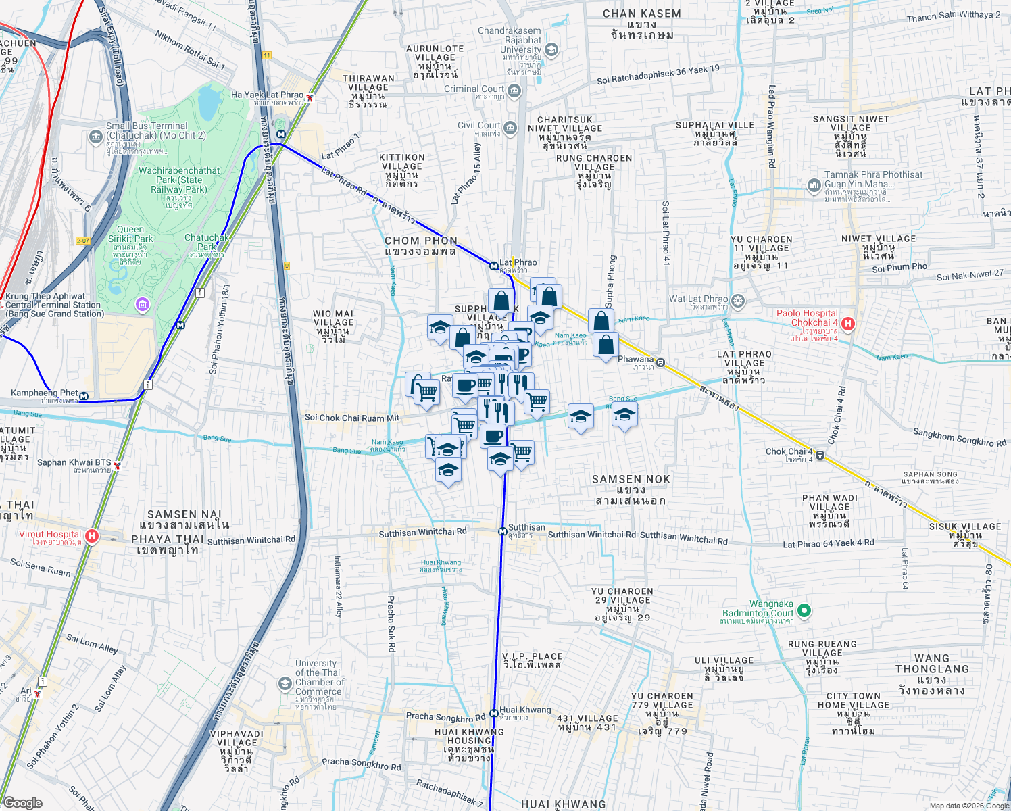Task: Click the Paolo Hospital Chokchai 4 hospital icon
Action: (x=848, y=324)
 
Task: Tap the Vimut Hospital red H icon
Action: (x=92, y=537)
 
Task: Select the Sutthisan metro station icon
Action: (x=502, y=531)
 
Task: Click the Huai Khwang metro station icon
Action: (x=494, y=713)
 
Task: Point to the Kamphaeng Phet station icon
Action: (x=84, y=396)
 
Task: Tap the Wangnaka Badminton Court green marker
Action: (x=804, y=611)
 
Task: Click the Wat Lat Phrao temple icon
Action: (x=738, y=300)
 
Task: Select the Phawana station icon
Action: (x=661, y=363)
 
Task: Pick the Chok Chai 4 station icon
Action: (x=820, y=455)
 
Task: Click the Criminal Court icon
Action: (x=515, y=91)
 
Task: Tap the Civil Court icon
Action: (x=510, y=127)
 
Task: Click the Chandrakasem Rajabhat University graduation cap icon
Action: (x=551, y=50)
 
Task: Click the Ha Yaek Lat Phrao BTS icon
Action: (x=310, y=98)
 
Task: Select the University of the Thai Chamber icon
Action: (x=285, y=684)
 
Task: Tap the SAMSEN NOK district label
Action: (x=631, y=479)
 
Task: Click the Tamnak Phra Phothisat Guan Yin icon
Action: (x=814, y=185)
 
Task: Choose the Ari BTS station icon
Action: (x=38, y=694)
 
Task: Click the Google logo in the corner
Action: (x=22, y=802)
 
